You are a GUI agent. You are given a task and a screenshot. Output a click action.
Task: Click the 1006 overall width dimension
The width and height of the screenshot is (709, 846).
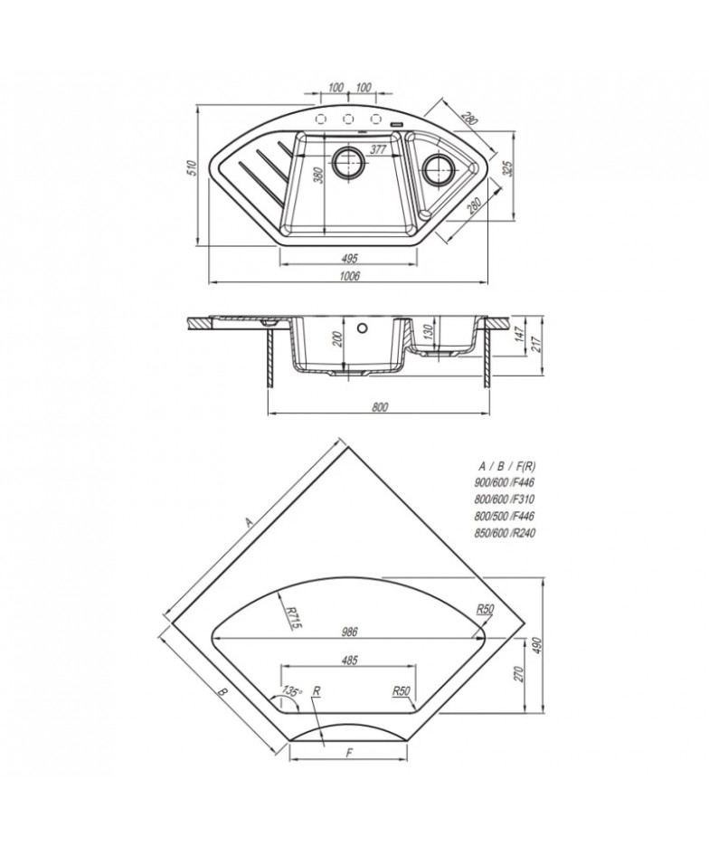(350, 276)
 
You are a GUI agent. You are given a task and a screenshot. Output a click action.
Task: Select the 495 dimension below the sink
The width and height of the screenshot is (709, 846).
(350, 258)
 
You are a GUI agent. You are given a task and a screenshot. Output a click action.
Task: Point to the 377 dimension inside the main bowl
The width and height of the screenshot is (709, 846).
(379, 149)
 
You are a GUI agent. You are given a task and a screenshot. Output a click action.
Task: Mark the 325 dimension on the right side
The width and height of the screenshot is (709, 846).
(506, 169)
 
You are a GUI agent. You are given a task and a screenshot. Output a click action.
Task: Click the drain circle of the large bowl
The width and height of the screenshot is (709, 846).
(348, 161)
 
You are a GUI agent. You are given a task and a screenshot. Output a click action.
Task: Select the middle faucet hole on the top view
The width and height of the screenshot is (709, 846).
(348, 119)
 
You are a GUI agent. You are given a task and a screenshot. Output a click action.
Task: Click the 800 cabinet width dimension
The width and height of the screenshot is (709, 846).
(380, 407)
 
